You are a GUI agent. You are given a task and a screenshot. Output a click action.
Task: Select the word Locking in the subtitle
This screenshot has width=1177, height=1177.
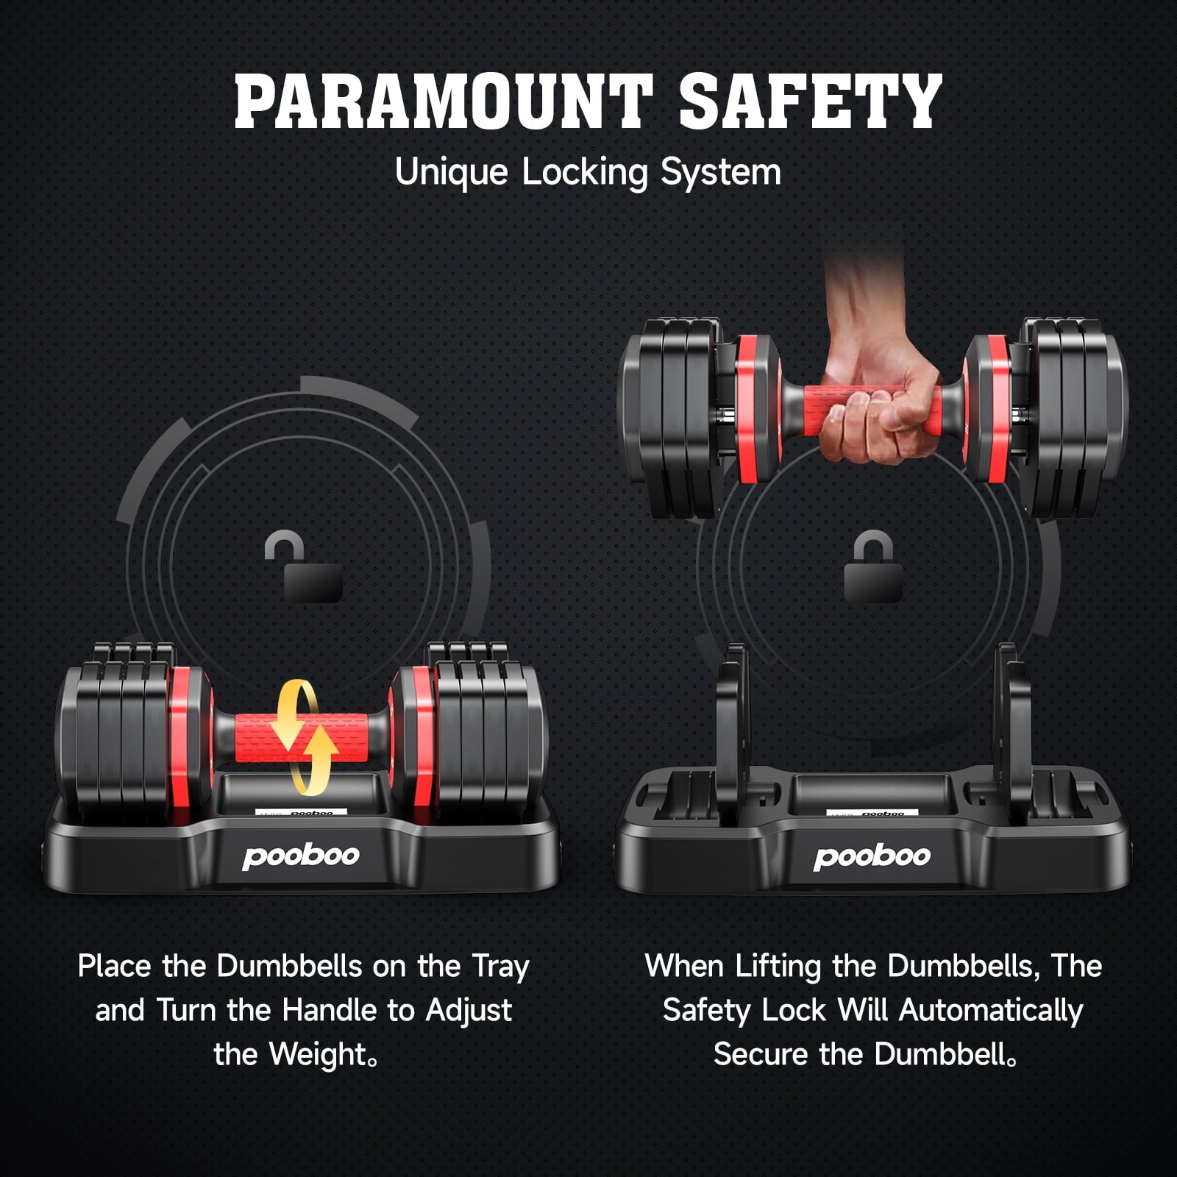[x=585, y=173]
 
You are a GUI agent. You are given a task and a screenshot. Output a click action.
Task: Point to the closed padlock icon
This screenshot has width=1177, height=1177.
[x=873, y=566]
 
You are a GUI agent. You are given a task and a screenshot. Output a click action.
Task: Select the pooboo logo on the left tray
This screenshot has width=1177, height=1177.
[x=301, y=856]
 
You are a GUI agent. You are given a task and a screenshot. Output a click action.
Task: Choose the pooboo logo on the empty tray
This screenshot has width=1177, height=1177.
[x=872, y=856]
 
